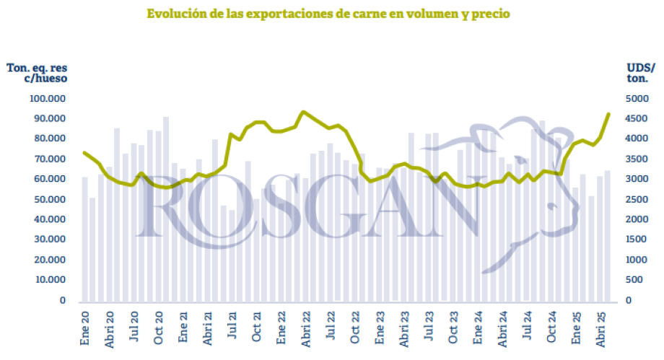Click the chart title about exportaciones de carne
point(328,14)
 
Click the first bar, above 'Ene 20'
point(84,238)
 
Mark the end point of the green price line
point(608,114)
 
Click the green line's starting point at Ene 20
point(84,152)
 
